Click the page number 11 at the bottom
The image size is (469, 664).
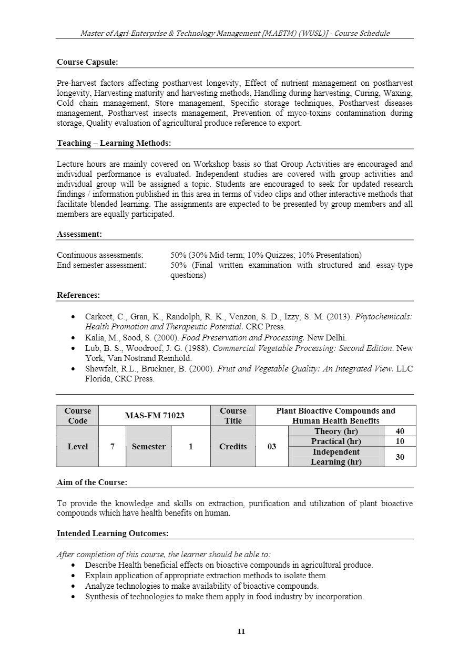pos(241,631)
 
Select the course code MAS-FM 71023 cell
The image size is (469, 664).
pos(154,416)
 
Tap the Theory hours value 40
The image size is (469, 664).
pos(400,431)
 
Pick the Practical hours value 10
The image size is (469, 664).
pos(400,441)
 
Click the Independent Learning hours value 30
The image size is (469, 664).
pos(400,457)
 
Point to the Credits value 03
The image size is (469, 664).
pos(271,447)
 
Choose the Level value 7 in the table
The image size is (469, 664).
pos(112,447)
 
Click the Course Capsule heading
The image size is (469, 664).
pos(87,62)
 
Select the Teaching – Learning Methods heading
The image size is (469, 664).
pos(114,143)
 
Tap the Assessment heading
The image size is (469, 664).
pos(79,234)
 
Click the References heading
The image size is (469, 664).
pos(78,295)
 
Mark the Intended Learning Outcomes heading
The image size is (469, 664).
pos(113,534)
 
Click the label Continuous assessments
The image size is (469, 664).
pos(100,255)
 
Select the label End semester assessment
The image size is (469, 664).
pos(101,265)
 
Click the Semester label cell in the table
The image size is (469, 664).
pos(148,447)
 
